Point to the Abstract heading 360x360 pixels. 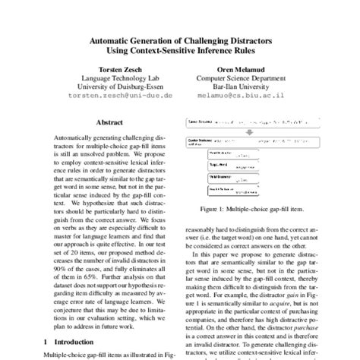tap(111, 122)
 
